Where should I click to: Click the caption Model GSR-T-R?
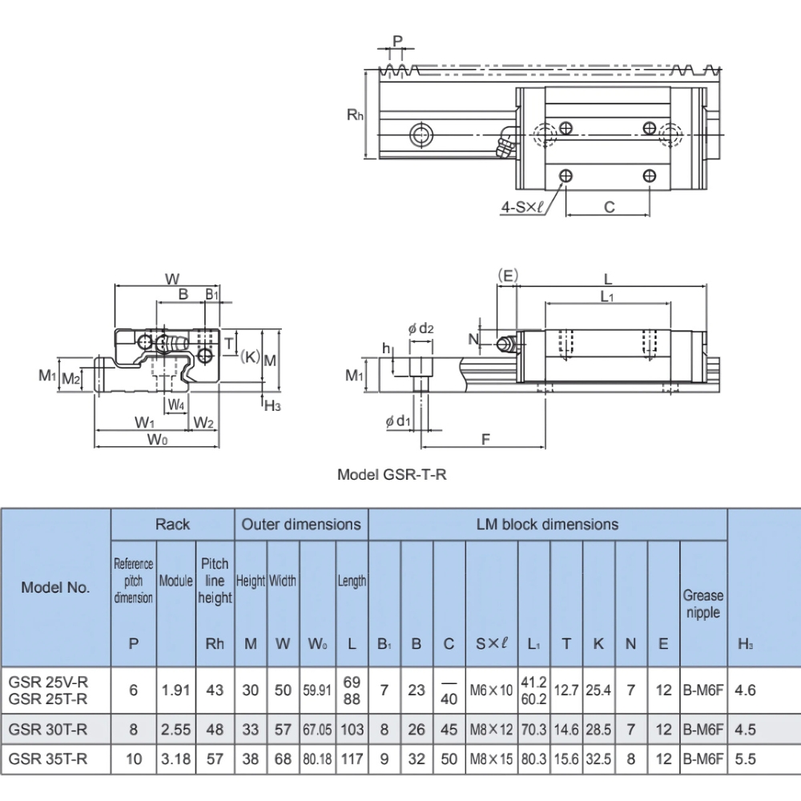pos(392,474)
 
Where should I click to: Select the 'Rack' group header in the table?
pos(172,525)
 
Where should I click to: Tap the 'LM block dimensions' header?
pos(548,525)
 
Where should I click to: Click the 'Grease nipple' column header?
pos(702,604)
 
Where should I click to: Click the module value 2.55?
pos(176,729)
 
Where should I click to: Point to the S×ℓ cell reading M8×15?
pos(489,759)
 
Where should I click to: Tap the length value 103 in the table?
pos(352,729)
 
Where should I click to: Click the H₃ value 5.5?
pos(745,759)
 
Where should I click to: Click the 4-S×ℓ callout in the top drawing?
pos(521,207)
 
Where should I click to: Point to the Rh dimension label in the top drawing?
pos(355,115)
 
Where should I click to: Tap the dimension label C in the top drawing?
pos(608,207)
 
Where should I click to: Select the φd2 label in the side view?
pos(421,328)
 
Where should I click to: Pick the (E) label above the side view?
pos(505,274)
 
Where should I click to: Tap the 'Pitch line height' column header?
pos(215,581)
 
